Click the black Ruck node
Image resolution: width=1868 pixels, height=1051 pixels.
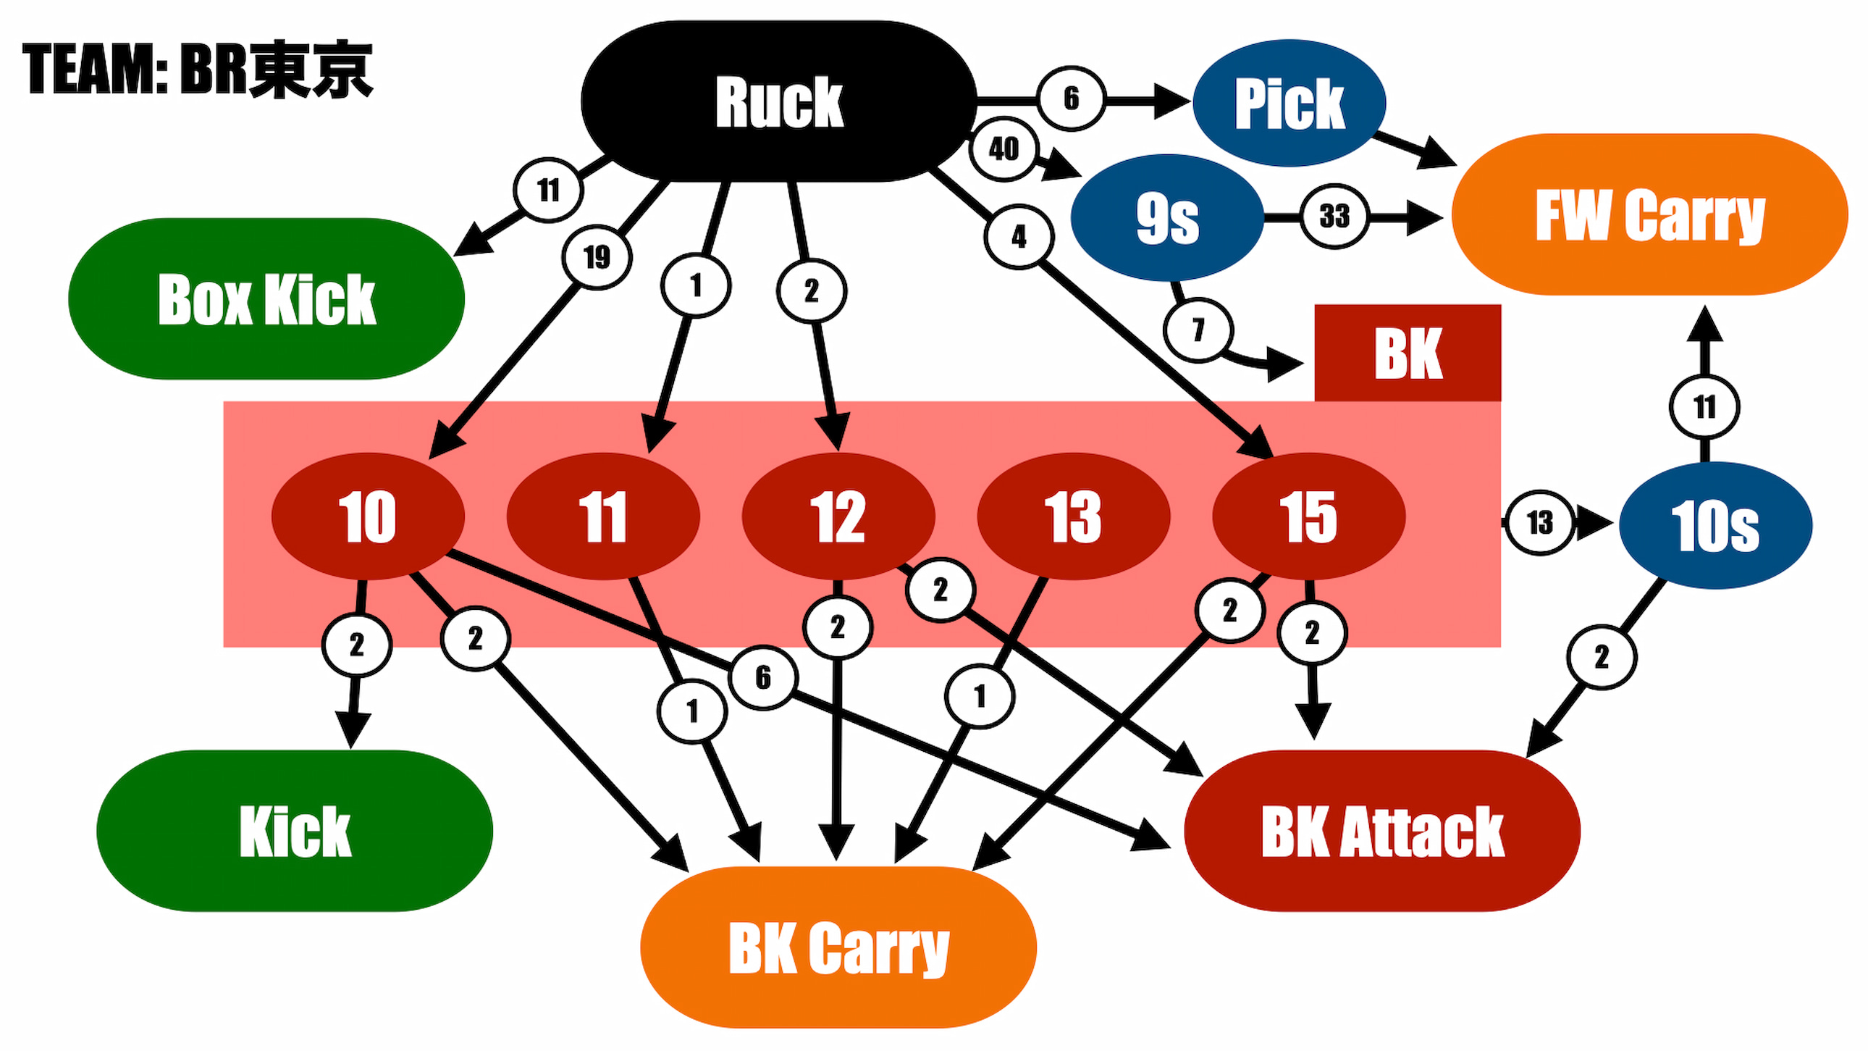[779, 101]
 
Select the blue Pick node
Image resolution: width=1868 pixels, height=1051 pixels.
[1289, 102]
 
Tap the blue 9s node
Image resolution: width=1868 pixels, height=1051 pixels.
[1166, 217]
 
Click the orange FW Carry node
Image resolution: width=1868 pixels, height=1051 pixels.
[1649, 214]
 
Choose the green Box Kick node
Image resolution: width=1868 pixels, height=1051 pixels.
[266, 298]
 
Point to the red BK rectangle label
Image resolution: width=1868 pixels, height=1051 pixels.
[1408, 353]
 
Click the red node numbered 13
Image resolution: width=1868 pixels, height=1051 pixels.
[1073, 516]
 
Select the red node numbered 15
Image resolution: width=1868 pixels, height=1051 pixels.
[1308, 516]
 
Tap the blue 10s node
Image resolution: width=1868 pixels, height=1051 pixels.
[1715, 525]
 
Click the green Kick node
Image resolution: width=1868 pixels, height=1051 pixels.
[295, 831]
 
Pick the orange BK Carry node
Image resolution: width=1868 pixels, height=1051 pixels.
[838, 947]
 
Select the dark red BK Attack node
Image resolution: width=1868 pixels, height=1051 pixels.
[1382, 831]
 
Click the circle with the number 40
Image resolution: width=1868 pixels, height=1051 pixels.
[1004, 149]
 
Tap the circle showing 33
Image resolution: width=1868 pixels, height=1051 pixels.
[1334, 216]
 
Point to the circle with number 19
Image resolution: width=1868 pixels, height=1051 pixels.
[597, 256]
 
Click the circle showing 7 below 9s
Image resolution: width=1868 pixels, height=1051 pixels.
[1198, 330]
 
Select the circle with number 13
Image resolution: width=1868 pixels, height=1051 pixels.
[1539, 522]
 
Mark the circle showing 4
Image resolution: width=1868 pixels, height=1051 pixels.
[1019, 236]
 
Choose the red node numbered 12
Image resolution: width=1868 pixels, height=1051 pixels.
[838, 516]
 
